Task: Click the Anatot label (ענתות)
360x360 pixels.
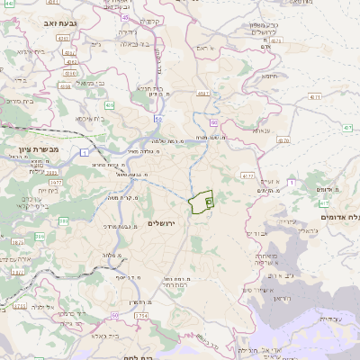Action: (262, 131)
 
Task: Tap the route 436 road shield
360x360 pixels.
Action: (108, 106)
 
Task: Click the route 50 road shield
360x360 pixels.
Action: (115, 315)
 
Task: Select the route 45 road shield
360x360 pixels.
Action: (125, 17)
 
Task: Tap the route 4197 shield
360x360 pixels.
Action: (202, 93)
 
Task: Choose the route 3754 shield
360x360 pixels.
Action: (142, 317)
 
